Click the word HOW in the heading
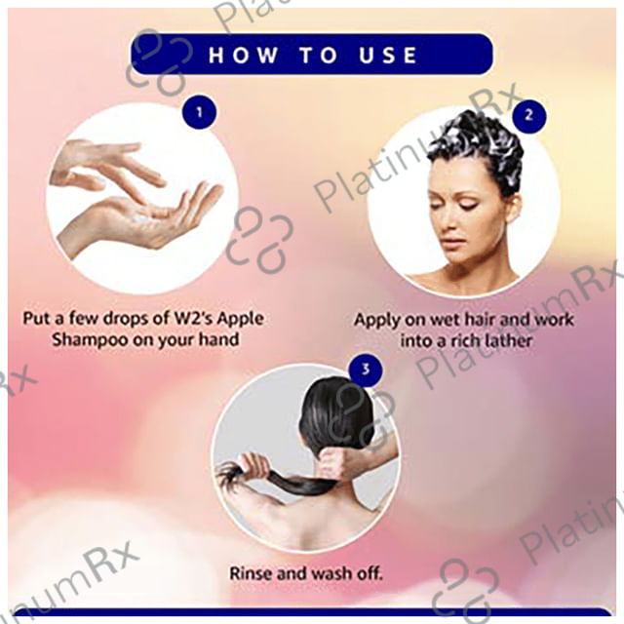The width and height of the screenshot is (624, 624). click(243, 55)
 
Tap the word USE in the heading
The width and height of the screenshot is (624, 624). click(388, 55)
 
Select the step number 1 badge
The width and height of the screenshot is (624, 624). click(199, 112)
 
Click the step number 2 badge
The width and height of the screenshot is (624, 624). click(528, 115)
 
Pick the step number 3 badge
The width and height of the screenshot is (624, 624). click(366, 370)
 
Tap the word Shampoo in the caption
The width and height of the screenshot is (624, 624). click(90, 340)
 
